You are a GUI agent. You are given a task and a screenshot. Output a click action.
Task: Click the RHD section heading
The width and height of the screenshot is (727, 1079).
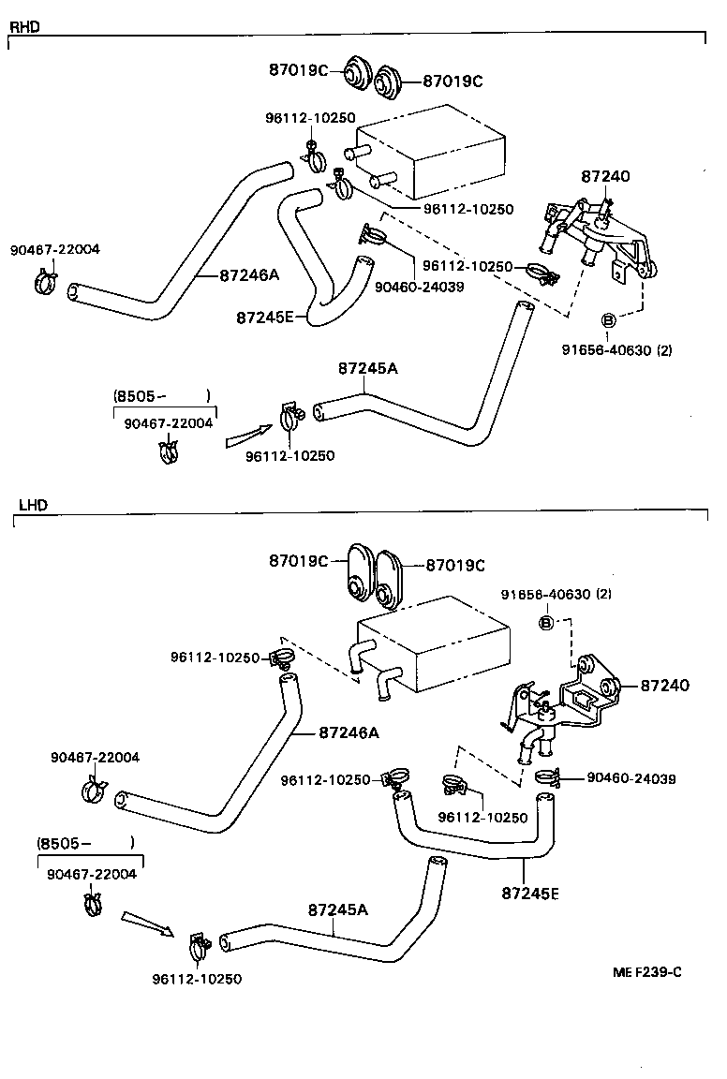[24, 26]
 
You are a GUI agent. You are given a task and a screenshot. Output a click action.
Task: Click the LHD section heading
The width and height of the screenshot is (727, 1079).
[33, 505]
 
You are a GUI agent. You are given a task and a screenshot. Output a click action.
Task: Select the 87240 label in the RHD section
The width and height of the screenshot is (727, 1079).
[605, 175]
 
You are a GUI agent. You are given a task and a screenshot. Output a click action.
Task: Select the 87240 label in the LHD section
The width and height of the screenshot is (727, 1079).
[665, 686]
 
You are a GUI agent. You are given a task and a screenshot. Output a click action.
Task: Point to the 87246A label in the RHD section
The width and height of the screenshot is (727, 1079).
[249, 275]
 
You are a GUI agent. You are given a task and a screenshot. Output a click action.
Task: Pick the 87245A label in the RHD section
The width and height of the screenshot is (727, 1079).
[368, 368]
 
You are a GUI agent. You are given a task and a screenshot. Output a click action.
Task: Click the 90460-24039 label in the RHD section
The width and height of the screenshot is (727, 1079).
[419, 287]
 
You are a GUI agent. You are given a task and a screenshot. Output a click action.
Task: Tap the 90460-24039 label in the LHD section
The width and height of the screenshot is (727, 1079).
[631, 778]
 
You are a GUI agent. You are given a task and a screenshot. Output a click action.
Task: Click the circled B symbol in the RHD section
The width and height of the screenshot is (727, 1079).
[607, 320]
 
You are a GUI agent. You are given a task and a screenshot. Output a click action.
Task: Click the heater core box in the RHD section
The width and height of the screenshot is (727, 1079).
[431, 155]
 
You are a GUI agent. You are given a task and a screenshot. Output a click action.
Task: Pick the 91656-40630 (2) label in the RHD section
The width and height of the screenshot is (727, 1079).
[616, 351]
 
